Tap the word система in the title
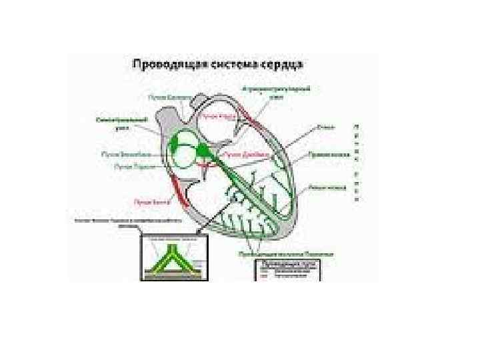click(x=234, y=65)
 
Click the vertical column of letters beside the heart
click(x=359, y=163)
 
